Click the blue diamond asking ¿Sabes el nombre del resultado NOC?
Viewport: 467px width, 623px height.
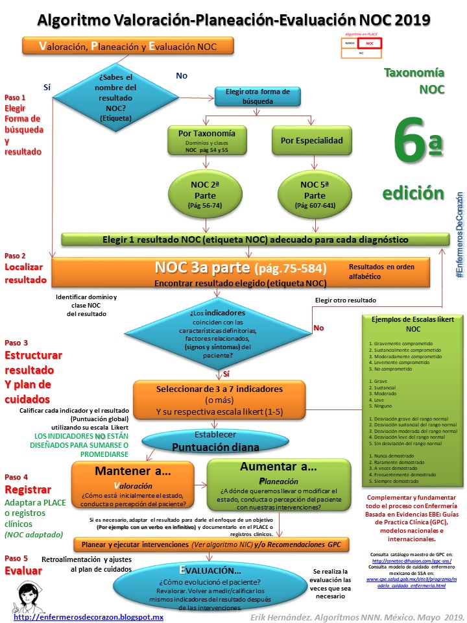click(117, 97)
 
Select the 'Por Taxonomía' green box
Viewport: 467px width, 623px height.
click(206, 141)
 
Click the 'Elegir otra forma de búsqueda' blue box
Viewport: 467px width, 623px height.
click(257, 95)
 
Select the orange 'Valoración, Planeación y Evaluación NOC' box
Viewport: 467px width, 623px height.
click(128, 46)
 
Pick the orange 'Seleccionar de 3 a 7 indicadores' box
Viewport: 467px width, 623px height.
click(219, 400)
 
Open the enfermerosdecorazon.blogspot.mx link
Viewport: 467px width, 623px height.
click(88, 617)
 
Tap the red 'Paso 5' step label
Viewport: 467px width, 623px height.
click(16, 558)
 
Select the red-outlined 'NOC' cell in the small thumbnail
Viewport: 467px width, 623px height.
click(370, 44)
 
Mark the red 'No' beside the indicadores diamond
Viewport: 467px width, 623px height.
click(318, 328)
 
